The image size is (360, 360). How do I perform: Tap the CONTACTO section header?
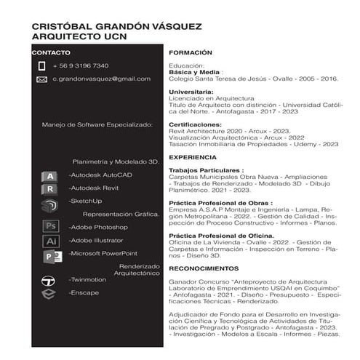click(52, 53)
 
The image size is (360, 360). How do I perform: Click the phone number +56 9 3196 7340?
click(81, 65)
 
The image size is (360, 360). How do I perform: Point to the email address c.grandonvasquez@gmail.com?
click(101, 79)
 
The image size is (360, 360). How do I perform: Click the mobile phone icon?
click(41, 65)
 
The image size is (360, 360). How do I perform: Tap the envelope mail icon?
click(41, 79)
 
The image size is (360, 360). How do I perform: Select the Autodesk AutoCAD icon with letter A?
click(49, 176)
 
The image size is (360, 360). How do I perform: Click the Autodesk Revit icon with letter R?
click(49, 189)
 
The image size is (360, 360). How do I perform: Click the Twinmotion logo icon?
click(49, 281)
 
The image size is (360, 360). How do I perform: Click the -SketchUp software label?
click(85, 201)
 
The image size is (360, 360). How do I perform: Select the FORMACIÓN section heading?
click(191, 53)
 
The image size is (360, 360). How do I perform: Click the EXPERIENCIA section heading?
click(193, 157)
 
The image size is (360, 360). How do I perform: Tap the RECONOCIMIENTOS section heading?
click(204, 268)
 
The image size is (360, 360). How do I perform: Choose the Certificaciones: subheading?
click(194, 125)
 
